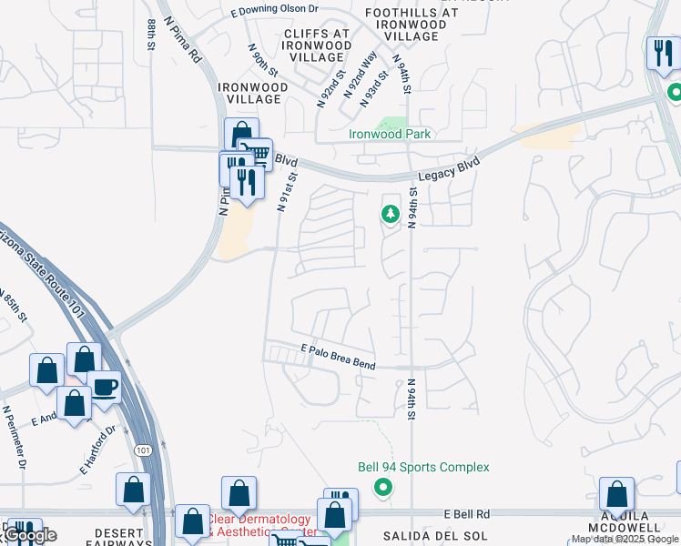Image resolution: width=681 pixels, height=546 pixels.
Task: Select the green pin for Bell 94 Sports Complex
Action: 383,487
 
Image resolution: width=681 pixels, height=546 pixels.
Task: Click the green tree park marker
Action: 391,214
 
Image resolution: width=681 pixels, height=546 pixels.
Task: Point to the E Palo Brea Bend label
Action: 338,356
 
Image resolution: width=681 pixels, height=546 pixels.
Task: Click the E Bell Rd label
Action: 469,514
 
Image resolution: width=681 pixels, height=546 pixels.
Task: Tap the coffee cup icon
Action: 104,386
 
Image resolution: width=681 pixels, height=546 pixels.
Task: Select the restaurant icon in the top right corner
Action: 661,54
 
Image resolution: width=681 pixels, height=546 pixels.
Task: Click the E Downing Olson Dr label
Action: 274,11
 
